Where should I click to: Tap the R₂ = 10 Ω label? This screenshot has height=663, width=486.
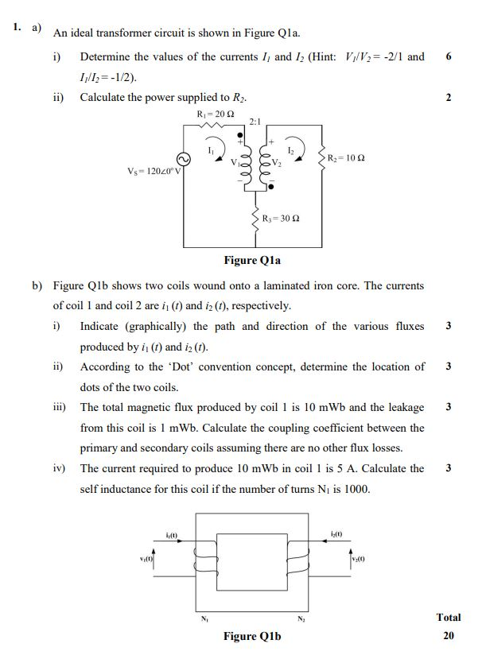click(346, 159)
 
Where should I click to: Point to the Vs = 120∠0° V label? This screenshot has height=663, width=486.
click(154, 171)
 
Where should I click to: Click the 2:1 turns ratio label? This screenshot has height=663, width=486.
click(255, 122)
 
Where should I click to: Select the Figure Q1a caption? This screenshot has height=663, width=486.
click(252, 260)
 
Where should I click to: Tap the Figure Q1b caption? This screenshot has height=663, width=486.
click(252, 636)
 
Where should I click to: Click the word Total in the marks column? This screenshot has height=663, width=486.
click(448, 617)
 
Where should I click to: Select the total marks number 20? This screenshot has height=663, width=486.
click(448, 636)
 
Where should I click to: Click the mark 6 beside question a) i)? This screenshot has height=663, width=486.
click(449, 56)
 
